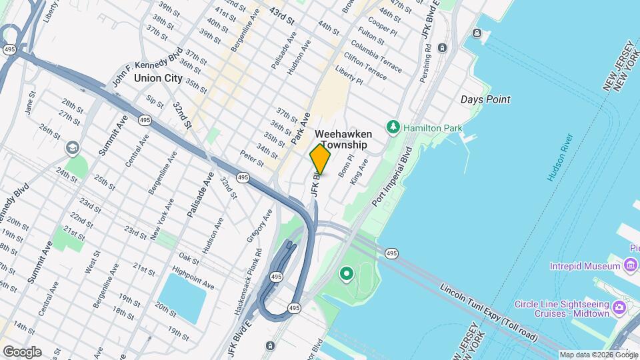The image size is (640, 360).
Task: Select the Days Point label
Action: pos(485,99)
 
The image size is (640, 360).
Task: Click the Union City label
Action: pos(158,78)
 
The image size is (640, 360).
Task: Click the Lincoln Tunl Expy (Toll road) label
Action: pos(489,313)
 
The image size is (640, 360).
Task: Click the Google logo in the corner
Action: pos(22,352)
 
